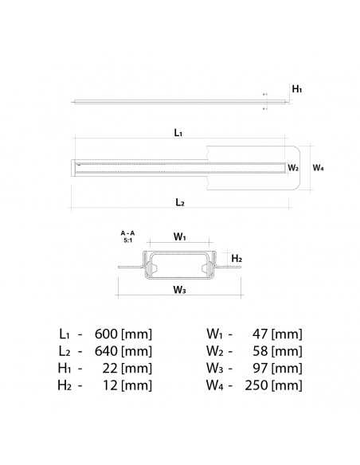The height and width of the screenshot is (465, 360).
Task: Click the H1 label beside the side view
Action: (x=296, y=91)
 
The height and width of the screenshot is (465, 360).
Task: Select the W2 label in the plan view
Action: (x=293, y=168)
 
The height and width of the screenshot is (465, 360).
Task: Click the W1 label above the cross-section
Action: (x=180, y=236)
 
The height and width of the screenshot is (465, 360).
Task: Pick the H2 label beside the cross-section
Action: (x=236, y=259)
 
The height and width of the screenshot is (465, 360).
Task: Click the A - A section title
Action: (x=127, y=232)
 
